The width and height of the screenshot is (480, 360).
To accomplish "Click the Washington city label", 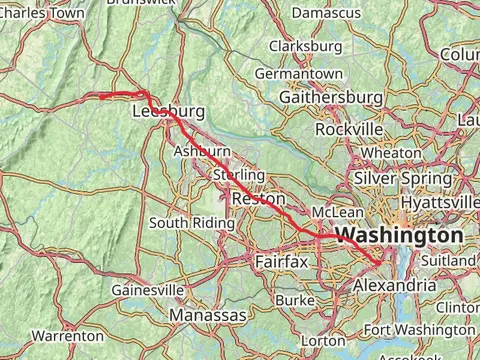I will (x=400, y=235).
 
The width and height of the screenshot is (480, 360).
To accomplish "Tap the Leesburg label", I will (x=168, y=112).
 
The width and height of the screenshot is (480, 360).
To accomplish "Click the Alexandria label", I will (x=396, y=285).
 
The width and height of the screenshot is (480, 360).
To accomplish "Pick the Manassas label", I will (x=208, y=315).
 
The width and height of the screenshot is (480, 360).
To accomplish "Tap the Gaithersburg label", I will (x=331, y=97).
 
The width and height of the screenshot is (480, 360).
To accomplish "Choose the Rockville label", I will (x=348, y=130).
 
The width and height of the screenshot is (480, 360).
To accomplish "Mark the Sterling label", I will (x=239, y=175).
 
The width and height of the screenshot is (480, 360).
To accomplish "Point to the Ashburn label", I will (x=202, y=150).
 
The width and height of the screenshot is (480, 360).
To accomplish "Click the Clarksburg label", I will (x=306, y=46).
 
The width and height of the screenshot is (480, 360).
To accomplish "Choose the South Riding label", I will (x=185, y=222).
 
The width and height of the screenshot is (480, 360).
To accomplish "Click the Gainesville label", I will (x=148, y=289).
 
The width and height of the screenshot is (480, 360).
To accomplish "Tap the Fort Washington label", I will (x=419, y=329).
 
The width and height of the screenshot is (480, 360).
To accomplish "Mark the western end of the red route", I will (x=99, y=96).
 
